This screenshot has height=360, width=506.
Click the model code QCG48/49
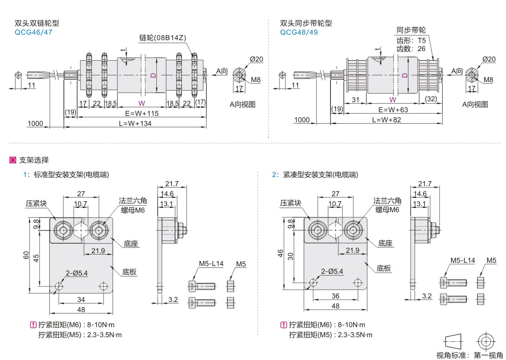point(299,32)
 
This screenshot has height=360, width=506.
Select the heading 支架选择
point(34,160)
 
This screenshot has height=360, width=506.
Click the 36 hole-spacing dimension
point(335,296)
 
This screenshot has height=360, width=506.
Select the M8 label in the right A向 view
point(488,79)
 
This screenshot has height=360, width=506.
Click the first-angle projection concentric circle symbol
point(485,341)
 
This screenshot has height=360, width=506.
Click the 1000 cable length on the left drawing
point(35,124)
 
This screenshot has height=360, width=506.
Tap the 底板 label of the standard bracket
point(129,272)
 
